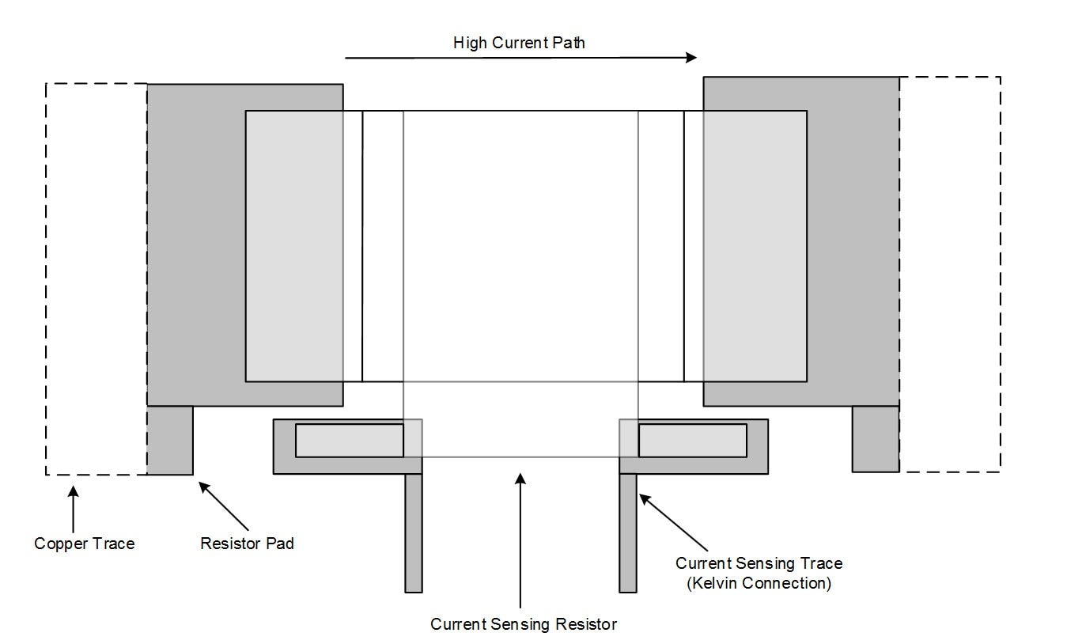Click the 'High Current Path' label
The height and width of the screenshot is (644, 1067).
tap(519, 43)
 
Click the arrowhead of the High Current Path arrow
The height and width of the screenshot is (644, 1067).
tap(691, 57)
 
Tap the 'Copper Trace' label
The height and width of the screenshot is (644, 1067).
tap(85, 544)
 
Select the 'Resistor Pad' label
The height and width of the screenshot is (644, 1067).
tap(247, 544)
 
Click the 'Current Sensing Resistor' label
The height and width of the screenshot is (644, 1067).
tap(524, 624)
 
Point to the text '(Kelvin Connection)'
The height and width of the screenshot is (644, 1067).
tap(759, 583)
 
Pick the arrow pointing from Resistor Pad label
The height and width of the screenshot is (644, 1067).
tap(224, 506)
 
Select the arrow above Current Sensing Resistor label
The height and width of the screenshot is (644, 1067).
tap(520, 539)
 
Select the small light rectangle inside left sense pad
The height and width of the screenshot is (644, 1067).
tap(349, 441)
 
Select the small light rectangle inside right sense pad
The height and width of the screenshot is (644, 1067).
tap(692, 441)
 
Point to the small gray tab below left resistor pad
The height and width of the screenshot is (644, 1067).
tap(170, 440)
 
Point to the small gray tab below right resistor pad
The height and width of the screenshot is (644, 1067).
tap(875, 438)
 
